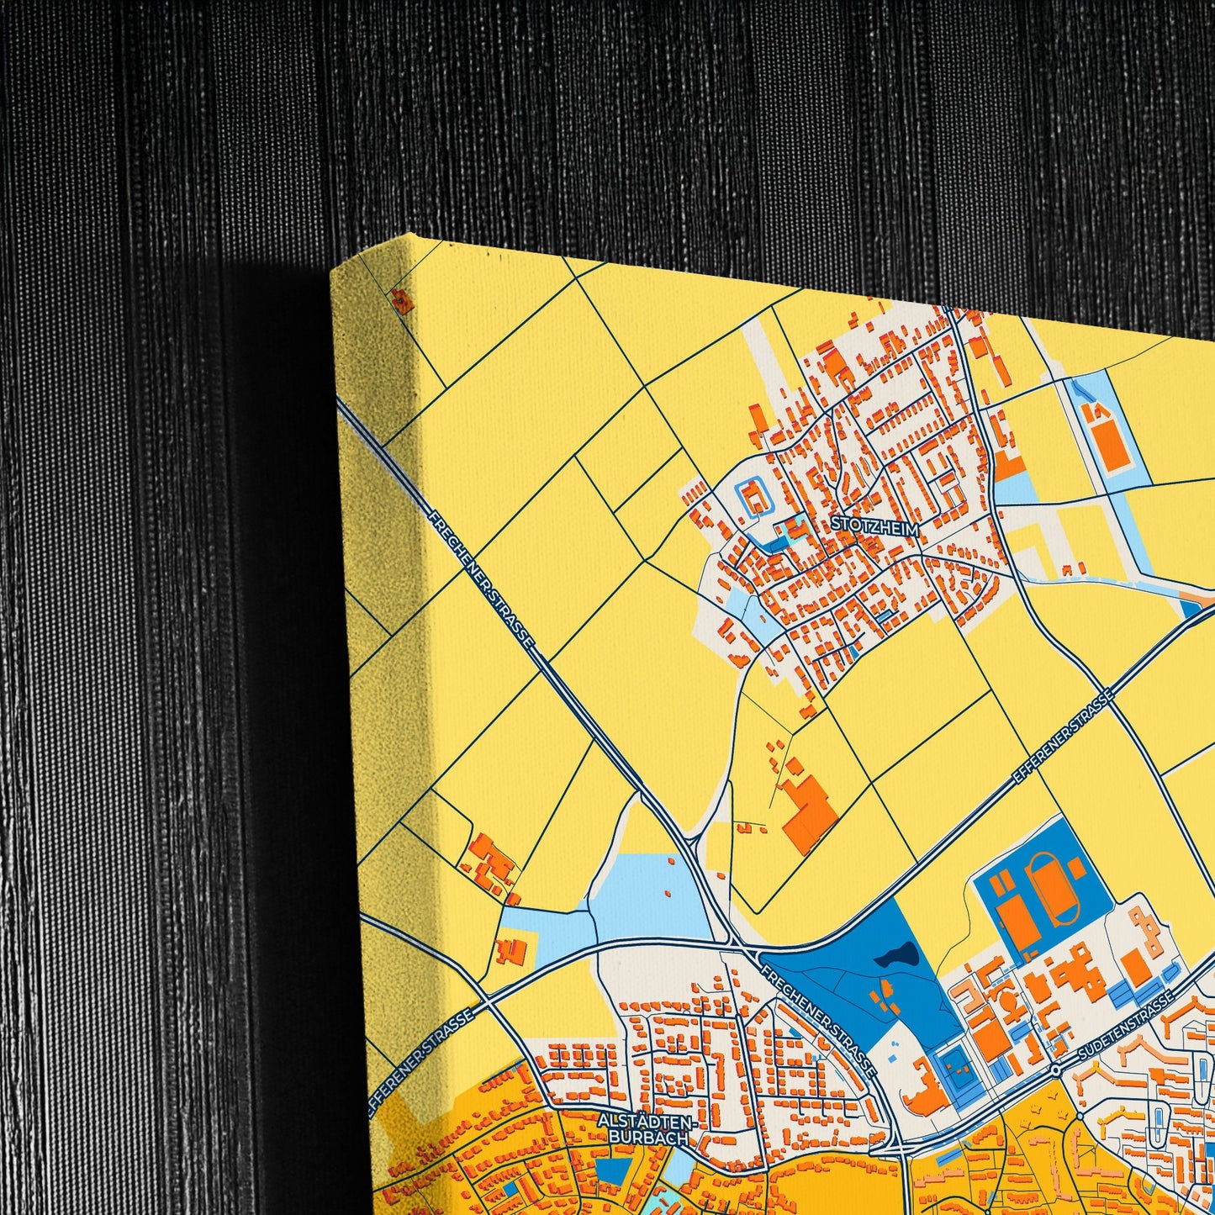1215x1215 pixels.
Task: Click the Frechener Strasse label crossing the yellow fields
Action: tap(483, 579)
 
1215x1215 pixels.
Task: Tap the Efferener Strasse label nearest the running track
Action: tap(1062, 741)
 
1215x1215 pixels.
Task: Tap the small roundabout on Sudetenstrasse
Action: tap(1055, 1070)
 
